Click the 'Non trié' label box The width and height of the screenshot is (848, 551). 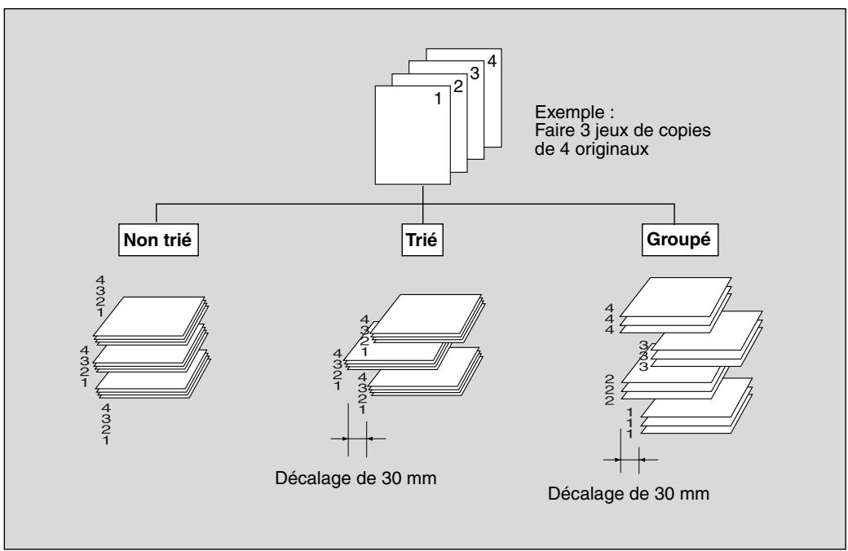[x=158, y=240]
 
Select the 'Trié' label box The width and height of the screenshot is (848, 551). [x=422, y=240]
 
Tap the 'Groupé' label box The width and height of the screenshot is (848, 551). [x=680, y=240]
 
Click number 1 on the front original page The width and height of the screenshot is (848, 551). [x=438, y=99]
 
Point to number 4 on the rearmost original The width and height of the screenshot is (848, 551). [x=492, y=61]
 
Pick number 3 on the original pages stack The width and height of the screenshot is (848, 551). [x=475, y=73]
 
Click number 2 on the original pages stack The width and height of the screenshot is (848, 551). [x=458, y=86]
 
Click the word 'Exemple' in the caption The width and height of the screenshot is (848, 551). [x=569, y=112]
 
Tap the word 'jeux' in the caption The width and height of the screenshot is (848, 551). [x=600, y=131]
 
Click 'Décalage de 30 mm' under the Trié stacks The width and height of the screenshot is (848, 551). [x=356, y=478]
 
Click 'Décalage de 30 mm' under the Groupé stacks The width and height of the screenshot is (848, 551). [x=629, y=493]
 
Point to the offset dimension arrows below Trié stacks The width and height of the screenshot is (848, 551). [x=357, y=439]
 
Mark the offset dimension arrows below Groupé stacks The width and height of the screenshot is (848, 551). [x=630, y=460]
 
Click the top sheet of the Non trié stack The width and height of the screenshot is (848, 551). [x=148, y=316]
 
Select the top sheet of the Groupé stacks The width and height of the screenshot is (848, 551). [x=675, y=297]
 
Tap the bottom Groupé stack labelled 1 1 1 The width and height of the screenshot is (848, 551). [x=696, y=406]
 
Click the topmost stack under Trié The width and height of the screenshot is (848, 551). [x=427, y=318]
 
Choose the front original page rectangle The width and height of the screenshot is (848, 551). [x=413, y=135]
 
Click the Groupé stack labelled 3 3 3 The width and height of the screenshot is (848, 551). [x=706, y=338]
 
